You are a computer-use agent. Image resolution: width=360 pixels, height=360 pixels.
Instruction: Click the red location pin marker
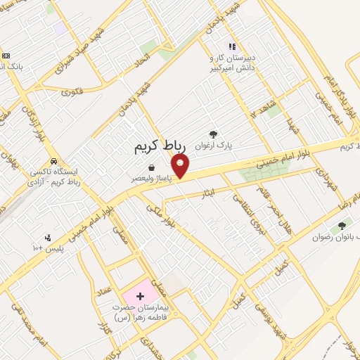181,166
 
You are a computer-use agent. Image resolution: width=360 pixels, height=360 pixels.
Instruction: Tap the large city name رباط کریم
161,146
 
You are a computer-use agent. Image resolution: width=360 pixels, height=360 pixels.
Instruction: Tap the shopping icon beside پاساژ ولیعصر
151,167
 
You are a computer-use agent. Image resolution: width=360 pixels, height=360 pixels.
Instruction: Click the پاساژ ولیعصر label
151,179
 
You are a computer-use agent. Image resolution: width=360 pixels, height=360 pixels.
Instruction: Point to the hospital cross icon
140,296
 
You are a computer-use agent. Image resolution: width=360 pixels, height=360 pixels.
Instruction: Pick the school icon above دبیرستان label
231,46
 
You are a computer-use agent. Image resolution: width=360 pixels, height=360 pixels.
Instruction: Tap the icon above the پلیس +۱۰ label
48,237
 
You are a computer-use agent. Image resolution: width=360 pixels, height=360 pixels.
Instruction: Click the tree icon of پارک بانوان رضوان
342,226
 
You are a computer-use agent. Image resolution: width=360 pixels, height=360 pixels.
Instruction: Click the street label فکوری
72,91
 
